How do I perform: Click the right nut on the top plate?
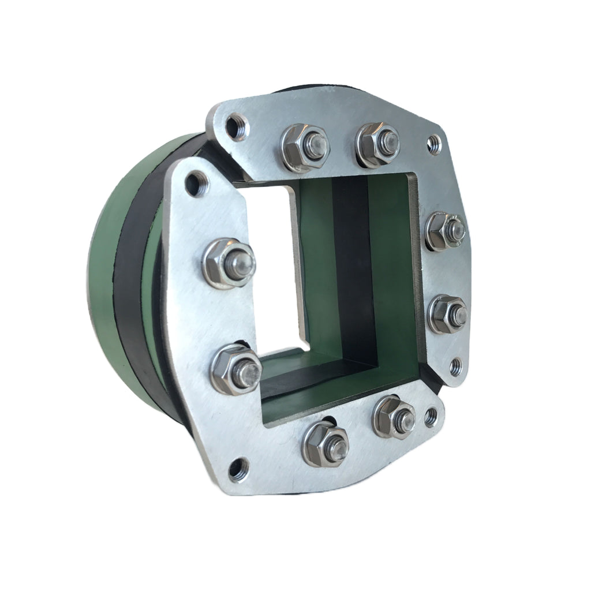(379, 145)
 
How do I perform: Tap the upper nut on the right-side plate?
(445, 231)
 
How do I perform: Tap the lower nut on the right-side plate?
(448, 314)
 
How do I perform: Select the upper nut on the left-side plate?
(229, 264)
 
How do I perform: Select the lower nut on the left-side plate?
(237, 369)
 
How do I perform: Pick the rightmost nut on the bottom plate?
(394, 417)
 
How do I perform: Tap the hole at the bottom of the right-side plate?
(455, 365)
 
